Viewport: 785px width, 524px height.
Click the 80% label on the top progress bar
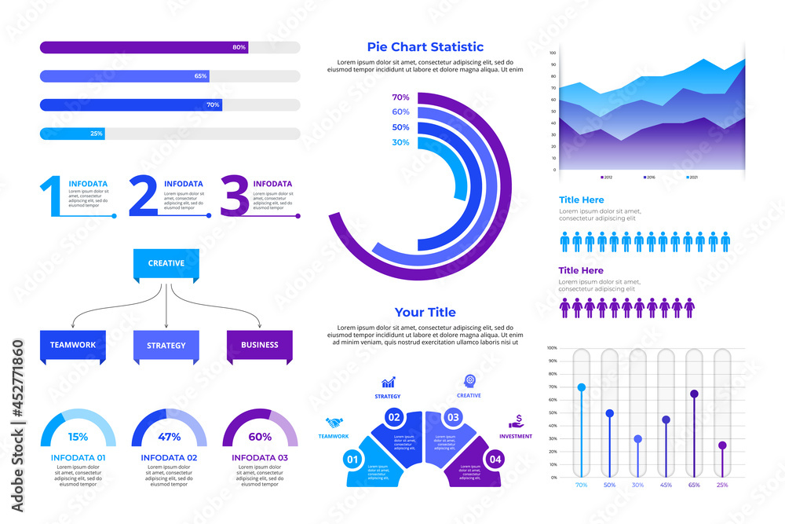coord(239,47)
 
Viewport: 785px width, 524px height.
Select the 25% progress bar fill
coord(72,134)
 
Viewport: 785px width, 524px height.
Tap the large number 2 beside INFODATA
coord(143,196)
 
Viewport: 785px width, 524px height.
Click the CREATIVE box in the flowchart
coord(166,264)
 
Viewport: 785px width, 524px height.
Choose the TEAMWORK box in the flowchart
coord(72,345)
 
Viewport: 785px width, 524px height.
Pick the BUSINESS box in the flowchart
coord(260,345)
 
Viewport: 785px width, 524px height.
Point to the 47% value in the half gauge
coord(170,437)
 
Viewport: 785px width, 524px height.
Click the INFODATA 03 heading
coord(260,457)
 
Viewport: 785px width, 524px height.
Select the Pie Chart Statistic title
coord(425,47)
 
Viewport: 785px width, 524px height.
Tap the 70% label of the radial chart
coord(400,97)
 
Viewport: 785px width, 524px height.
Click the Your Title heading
coord(425,312)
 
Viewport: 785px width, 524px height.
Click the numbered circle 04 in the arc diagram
coord(495,460)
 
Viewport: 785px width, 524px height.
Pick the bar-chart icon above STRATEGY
coord(389,383)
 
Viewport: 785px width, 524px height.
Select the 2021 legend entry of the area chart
coord(690,178)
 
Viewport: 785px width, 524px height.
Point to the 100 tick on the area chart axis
coord(553,53)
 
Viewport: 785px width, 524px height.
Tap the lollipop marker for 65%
coord(694,394)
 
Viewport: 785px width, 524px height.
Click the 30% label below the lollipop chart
coord(637,486)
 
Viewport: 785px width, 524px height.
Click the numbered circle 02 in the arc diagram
coord(394,417)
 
